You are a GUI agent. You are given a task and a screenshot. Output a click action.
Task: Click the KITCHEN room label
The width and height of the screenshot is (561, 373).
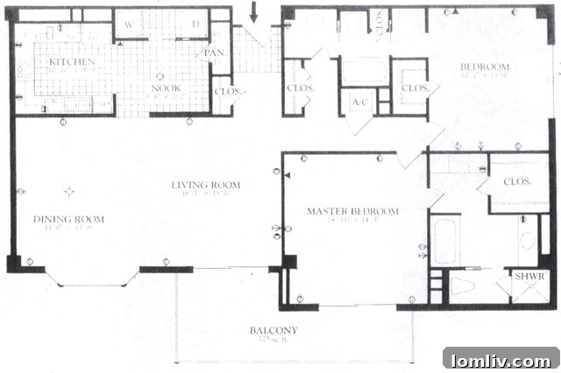pos(66,63)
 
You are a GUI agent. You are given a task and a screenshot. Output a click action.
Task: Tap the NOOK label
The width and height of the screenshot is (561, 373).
pos(160,88)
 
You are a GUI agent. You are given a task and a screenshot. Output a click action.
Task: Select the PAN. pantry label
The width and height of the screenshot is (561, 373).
pos(214,53)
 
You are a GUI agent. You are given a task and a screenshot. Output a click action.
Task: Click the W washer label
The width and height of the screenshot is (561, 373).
pos(129,24)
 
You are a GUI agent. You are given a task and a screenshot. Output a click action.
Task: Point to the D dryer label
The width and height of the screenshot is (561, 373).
pos(195,24)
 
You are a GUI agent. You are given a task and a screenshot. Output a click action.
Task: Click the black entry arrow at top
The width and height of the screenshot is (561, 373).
pos(255,12)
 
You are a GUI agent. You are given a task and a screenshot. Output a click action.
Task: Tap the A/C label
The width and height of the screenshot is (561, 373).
pos(359,102)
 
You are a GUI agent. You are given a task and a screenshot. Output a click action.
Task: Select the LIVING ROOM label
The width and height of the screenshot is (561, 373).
pos(205,186)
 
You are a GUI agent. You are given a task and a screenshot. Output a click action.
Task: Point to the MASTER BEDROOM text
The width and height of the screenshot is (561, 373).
pos(352,212)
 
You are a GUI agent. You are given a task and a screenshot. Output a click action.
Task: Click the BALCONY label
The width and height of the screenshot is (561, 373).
pos(273,330)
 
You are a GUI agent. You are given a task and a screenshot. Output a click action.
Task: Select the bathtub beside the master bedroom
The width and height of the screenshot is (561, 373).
pos(444,241)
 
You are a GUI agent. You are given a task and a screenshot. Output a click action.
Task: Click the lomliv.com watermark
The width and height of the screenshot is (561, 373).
pos(500,360)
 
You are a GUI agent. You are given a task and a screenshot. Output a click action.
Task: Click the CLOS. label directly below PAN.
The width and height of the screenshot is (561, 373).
pos(227,91)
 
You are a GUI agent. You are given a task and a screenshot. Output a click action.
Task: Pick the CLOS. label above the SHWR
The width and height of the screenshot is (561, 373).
pos(519,182)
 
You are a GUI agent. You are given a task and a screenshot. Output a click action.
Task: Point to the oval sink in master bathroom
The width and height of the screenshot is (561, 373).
pos(528,241)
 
